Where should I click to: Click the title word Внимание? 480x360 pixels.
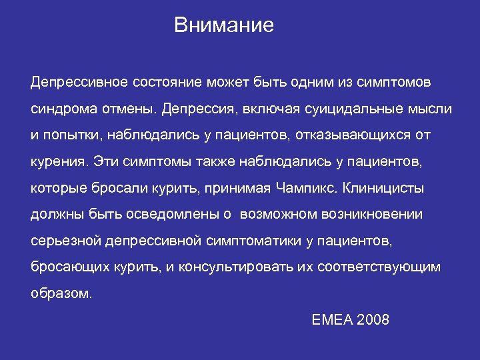coord(223,26)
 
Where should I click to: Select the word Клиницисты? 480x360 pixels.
coord(383,188)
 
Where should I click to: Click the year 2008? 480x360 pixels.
coord(373,319)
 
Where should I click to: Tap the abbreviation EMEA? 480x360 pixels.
coord(332,319)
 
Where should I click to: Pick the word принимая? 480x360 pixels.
coord(242,188)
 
